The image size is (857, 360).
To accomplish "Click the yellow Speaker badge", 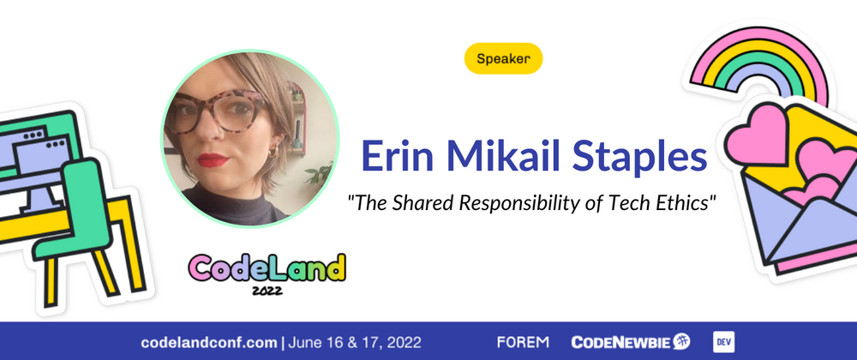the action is coord(503,58).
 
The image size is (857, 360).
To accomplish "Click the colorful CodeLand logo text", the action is coord(267,267).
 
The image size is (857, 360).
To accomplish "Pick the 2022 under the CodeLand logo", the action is coord(267,291).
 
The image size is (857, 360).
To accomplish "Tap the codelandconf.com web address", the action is coord(209,343).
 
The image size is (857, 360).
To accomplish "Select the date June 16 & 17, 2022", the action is coord(355,343).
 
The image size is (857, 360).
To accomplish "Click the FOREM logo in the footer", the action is coord(523,343).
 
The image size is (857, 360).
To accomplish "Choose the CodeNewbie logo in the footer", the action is coord(631,342).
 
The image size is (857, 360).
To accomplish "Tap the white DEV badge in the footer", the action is coord(723,342).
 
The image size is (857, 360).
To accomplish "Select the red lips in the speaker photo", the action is coord(212,160).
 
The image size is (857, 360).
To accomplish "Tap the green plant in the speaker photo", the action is coord(320,174).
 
